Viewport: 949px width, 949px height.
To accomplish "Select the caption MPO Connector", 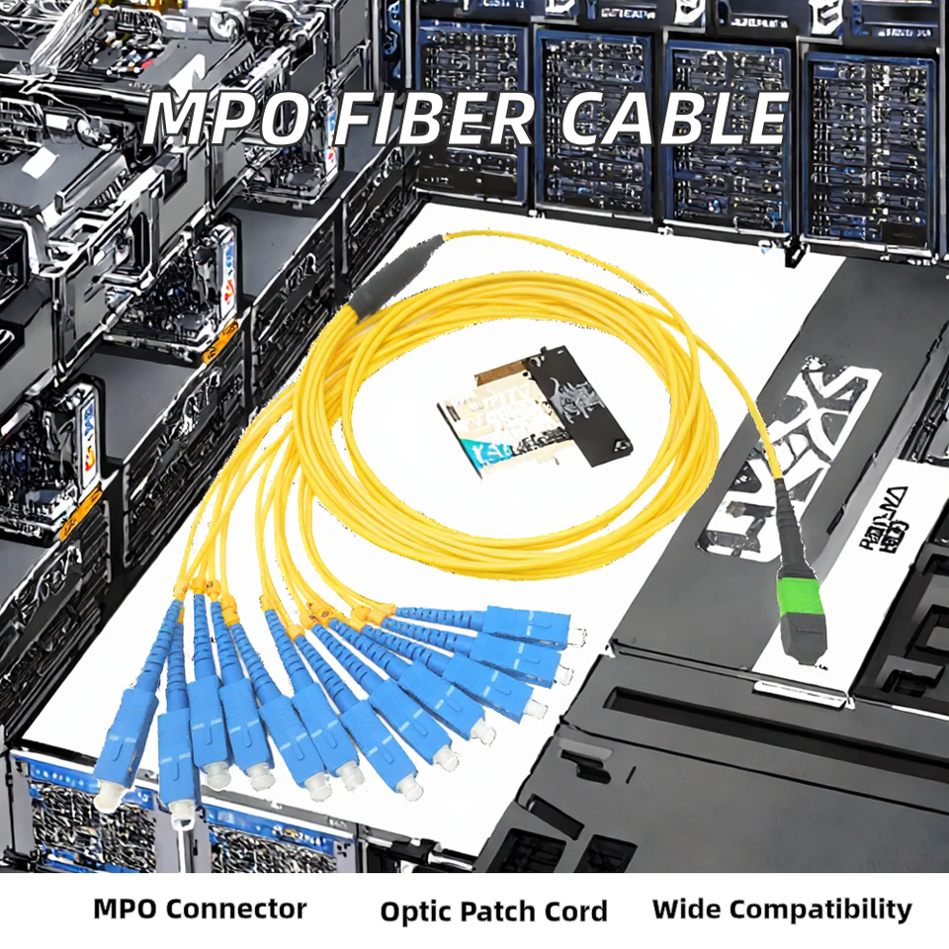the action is click(x=200, y=908).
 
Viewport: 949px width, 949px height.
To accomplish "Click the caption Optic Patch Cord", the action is click(x=493, y=910).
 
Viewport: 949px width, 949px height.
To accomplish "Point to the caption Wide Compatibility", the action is click(x=782, y=909).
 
